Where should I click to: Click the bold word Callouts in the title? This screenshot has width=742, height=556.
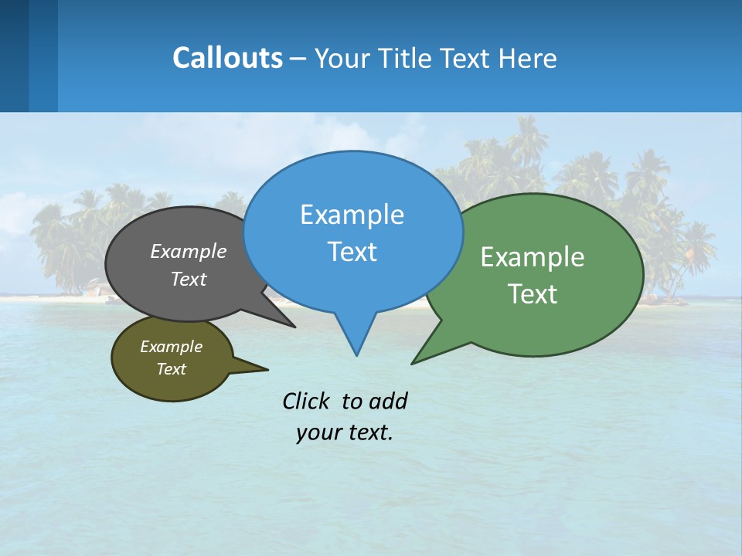227,59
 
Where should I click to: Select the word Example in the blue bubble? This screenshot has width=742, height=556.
352,215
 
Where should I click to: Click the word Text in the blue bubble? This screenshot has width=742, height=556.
352,252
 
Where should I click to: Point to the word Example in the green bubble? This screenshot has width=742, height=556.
533,257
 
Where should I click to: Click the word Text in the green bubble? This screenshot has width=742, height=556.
533,294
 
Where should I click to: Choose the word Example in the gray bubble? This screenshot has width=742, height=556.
189,251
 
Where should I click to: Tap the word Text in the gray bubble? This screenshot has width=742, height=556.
189,279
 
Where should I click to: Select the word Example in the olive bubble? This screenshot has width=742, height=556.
171,347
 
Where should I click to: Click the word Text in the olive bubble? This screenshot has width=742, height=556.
171,369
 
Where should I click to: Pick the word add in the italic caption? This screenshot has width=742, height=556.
387,401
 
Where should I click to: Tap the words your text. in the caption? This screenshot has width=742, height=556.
345,432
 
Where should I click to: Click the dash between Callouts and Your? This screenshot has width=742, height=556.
298,59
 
